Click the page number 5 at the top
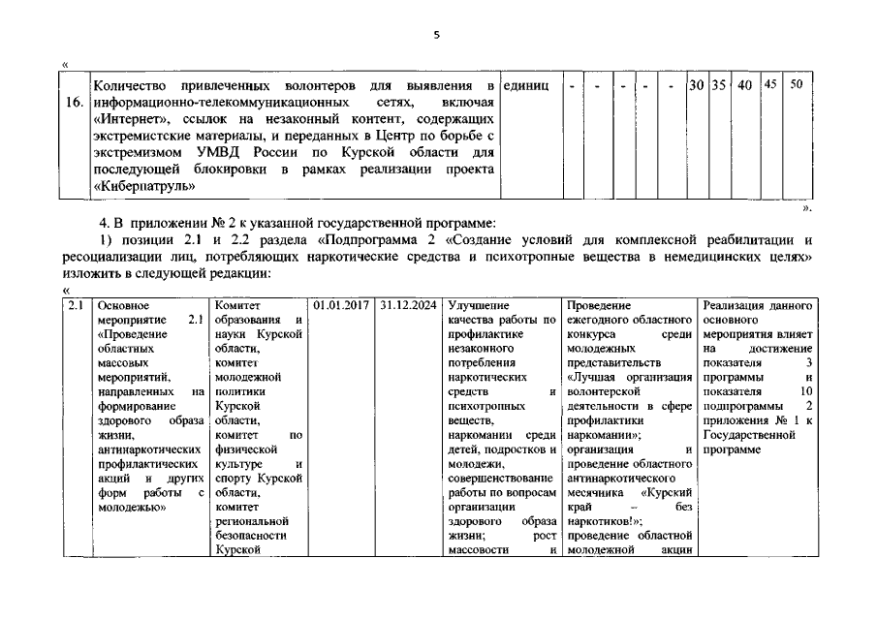437,35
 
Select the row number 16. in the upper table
76,102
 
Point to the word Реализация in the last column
736,306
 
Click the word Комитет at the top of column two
236,306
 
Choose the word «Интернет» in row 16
129,118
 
